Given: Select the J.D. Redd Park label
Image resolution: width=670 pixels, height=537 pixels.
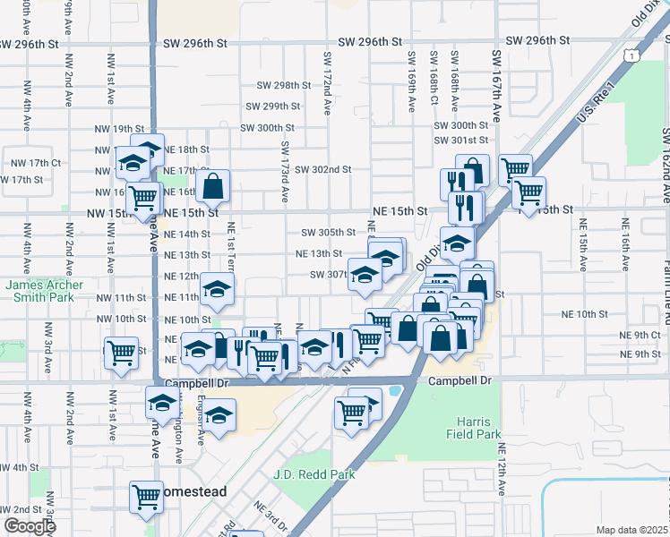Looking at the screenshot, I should (314, 474).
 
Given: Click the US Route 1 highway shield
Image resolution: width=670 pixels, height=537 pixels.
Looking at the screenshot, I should (633, 56).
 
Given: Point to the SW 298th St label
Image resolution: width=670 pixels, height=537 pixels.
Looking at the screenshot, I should (283, 85).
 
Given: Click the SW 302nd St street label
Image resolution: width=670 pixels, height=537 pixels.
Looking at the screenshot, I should (322, 169).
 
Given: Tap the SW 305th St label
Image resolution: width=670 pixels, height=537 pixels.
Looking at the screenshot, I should (328, 232).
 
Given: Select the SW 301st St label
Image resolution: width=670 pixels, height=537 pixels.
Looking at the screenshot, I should (460, 141).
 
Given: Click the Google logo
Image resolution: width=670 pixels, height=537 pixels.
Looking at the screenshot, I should (30, 525).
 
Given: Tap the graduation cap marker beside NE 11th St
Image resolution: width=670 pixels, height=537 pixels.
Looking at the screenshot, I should (217, 288).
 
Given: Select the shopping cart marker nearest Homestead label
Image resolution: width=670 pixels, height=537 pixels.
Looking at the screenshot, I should (145, 497).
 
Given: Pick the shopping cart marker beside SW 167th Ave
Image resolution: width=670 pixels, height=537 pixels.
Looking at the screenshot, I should (515, 169).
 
